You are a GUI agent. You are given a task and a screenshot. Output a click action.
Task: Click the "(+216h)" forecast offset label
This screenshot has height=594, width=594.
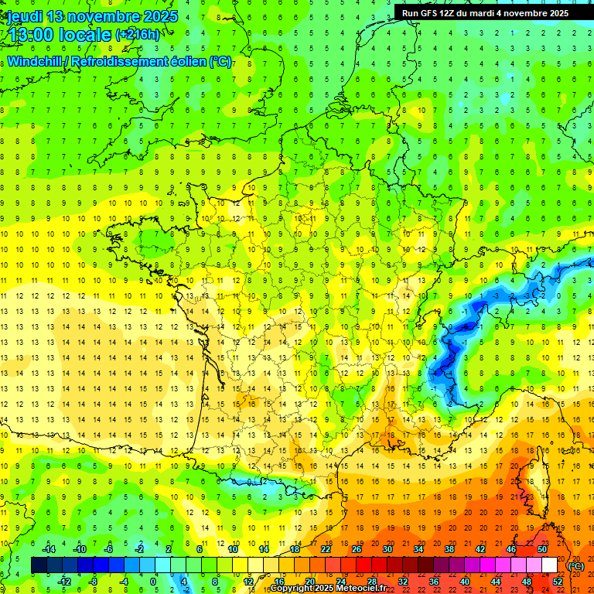(x=138, y=35)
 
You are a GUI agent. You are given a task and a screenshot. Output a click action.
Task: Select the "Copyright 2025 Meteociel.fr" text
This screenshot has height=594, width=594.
(x=328, y=589)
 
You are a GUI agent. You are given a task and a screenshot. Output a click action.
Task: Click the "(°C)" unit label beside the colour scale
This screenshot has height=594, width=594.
(x=576, y=566)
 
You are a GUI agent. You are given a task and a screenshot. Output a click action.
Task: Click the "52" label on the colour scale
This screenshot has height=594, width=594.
(x=558, y=582)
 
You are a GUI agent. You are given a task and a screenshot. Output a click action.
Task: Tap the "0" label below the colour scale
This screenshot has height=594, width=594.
(x=153, y=582)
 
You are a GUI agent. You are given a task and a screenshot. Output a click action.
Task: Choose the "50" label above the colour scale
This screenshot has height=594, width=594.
(x=541, y=549)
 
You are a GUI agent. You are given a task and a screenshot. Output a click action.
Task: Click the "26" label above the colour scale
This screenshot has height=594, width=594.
(x=356, y=549)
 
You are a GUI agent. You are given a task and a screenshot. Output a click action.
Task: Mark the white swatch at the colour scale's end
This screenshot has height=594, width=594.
(x=550, y=565)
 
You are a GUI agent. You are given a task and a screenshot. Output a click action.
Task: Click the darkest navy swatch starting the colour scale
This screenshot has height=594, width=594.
(x=39, y=565)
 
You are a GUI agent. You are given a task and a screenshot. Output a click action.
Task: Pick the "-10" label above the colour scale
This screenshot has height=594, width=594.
(x=79, y=549)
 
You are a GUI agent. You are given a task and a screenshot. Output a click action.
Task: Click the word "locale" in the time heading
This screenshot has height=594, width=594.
(x=90, y=35)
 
